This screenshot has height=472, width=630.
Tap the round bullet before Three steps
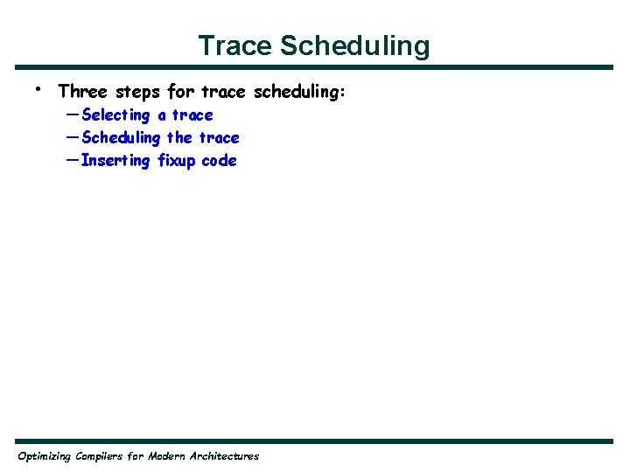[38, 88]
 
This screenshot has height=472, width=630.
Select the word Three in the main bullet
[83, 91]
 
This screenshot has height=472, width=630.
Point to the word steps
[137, 92]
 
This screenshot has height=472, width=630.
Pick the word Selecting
[115, 115]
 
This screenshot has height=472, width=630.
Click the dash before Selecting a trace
[70, 115]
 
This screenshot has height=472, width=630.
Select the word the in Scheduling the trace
[179, 137]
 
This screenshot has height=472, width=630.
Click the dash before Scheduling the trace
[70, 137]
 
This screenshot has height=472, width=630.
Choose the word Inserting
[115, 161]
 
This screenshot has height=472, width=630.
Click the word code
[219, 161]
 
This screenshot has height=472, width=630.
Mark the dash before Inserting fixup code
[70, 160]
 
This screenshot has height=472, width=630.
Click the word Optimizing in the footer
[45, 456]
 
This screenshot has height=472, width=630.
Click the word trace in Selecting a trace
[192, 115]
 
